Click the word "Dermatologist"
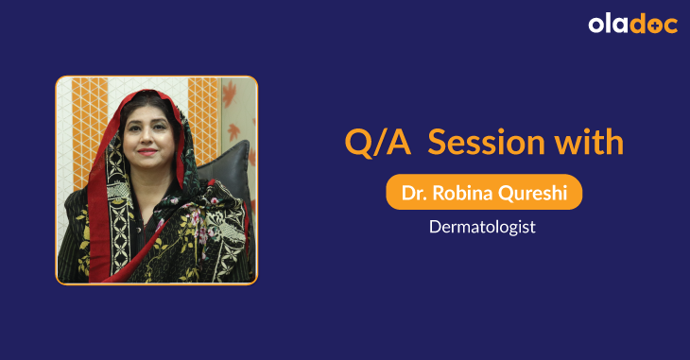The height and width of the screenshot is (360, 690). click(483, 228)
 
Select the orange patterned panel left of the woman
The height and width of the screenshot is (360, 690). click(85, 123)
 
